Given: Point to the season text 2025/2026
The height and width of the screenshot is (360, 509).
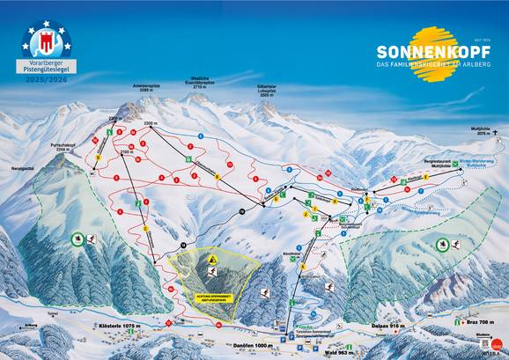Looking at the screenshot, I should pyautogui.click(x=48, y=80).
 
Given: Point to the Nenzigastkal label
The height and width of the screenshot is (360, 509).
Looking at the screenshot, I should pyautogui.click(x=25, y=166).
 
